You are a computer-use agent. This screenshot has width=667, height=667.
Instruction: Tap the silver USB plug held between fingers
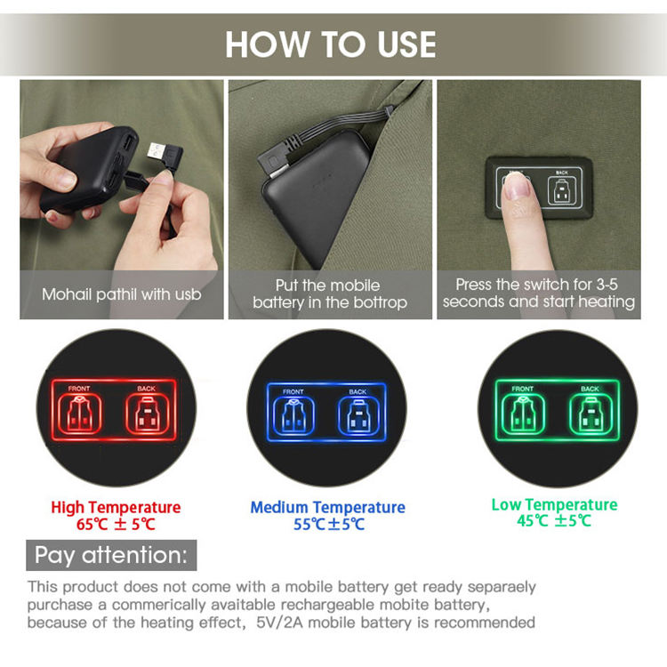coord(157,152)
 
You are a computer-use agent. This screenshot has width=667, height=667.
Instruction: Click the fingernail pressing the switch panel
coord(517,186)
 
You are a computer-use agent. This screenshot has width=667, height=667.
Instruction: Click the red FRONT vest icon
coord(79,414)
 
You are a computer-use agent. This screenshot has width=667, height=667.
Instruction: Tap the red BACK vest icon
coord(147,414)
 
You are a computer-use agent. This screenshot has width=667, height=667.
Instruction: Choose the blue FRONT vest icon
coord(293,415)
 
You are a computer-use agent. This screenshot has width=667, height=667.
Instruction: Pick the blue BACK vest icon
coord(358,415)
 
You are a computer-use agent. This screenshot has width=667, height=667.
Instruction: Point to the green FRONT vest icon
coord(523,414)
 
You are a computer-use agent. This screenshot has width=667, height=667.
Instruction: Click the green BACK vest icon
coord(591,414)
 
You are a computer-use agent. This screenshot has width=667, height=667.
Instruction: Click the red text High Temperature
coord(116,508)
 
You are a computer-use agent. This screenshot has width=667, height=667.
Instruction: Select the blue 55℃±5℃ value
coord(329,524)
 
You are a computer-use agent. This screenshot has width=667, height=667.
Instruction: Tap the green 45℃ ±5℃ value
coord(554,520)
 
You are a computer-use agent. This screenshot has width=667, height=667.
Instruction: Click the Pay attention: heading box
coord(111,555)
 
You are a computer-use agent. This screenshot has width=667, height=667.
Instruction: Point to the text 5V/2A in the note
coord(279,623)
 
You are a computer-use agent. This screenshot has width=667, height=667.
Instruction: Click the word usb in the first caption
coord(186,294)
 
